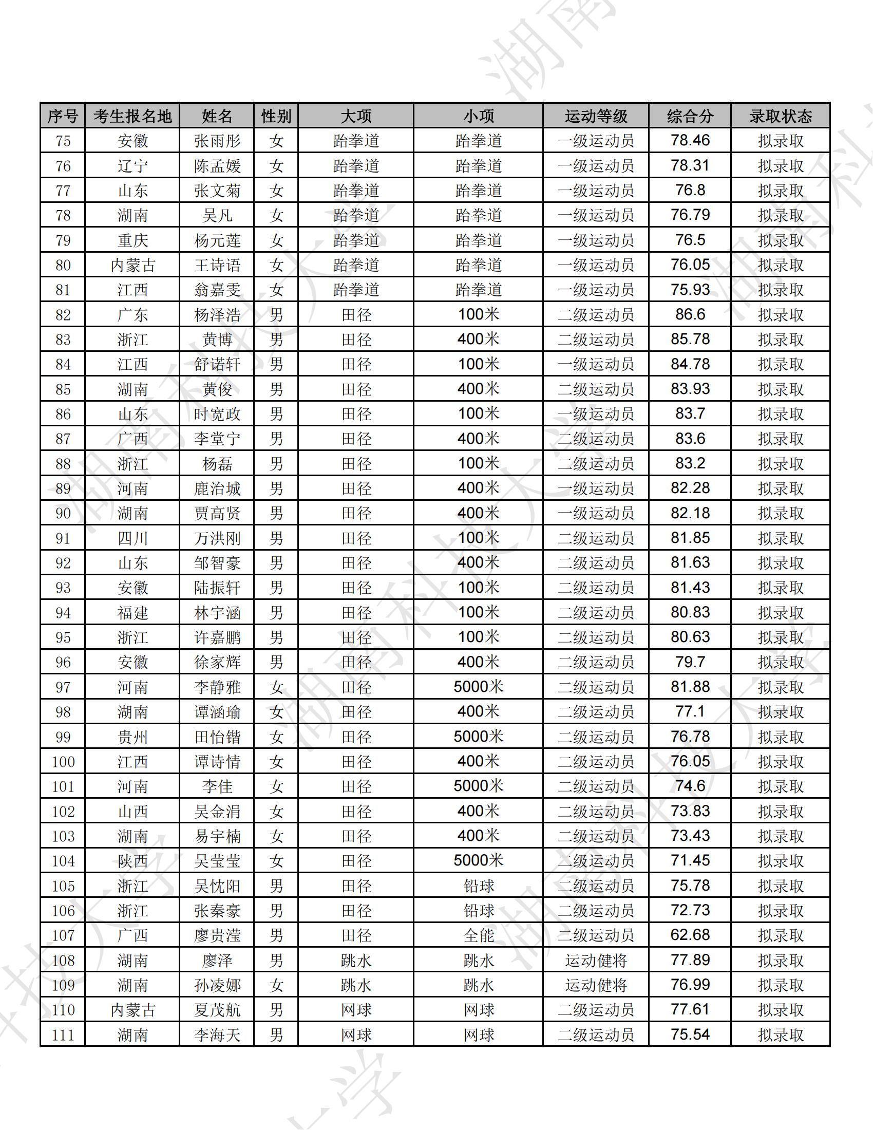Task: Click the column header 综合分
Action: pos(689,116)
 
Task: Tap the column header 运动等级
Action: pos(596,116)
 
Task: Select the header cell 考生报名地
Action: pos(132,116)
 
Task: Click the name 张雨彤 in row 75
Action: pos(217,141)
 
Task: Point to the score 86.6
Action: pos(690,314)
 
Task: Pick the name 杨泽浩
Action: pos(217,314)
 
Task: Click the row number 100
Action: pos(63,762)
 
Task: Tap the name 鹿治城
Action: pos(217,488)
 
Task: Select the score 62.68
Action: pos(690,935)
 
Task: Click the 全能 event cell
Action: pos(479,935)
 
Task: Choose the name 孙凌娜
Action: pos(217,985)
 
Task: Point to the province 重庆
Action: pos(132,240)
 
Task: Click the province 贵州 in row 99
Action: pos(132,737)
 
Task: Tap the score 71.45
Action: pos(690,860)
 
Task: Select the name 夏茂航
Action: pos(217,1010)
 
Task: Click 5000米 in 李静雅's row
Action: pos(479,687)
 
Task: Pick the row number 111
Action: pos(63,1035)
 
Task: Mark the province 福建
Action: pos(132,613)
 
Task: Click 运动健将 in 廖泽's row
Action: pos(596,961)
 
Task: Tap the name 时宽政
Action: pos(217,414)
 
